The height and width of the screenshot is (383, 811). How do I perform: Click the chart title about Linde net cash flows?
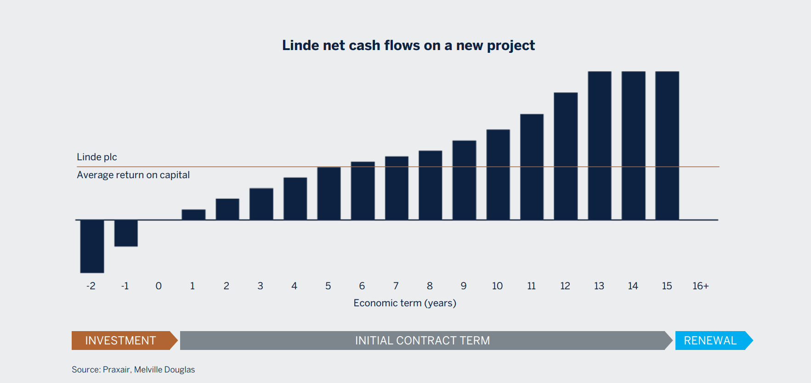pyautogui.click(x=408, y=45)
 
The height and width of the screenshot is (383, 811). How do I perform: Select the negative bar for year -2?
pyautogui.click(x=92, y=246)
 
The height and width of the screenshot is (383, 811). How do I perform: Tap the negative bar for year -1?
pyautogui.click(x=126, y=233)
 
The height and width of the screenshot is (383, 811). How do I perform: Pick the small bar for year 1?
pyautogui.click(x=193, y=214)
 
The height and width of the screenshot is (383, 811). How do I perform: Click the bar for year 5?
pyautogui.click(x=329, y=193)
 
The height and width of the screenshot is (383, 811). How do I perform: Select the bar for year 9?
pyautogui.click(x=464, y=180)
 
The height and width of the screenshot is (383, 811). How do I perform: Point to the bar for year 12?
pyautogui.click(x=566, y=156)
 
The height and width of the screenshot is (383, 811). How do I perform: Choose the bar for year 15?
pyautogui.click(x=667, y=146)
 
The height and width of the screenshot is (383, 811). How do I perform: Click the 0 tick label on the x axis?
pyautogui.click(x=159, y=286)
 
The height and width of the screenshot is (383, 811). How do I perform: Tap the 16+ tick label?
pyautogui.click(x=700, y=286)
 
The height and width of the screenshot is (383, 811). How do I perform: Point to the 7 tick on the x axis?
pyautogui.click(x=396, y=286)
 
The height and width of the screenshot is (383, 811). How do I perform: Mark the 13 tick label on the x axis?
pyautogui.click(x=599, y=286)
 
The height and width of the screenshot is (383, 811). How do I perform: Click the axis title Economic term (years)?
pyautogui.click(x=405, y=303)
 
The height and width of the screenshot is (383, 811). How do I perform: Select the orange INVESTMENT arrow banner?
pyautogui.click(x=122, y=340)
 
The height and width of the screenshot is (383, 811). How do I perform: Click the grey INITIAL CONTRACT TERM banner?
pyautogui.click(x=423, y=340)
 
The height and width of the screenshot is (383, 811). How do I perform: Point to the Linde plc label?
pyautogui.click(x=97, y=157)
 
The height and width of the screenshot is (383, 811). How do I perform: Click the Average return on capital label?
pyautogui.click(x=133, y=175)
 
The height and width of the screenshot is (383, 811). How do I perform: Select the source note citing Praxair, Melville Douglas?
pyautogui.click(x=133, y=370)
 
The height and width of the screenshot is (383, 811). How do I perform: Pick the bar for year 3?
pyautogui.click(x=261, y=204)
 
